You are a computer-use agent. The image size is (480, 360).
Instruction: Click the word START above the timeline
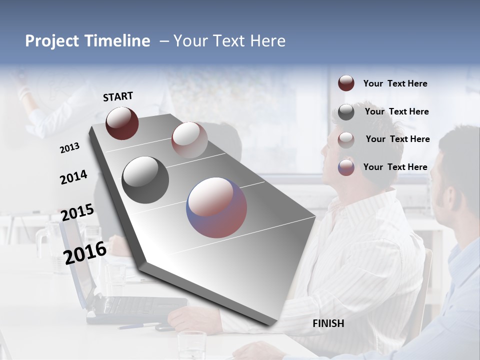click(118, 96)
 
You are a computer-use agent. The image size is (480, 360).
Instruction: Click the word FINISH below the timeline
click(328, 323)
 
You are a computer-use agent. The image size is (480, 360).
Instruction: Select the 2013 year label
click(69, 148)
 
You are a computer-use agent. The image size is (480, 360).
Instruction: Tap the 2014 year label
click(73, 177)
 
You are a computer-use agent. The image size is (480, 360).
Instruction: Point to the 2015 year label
click(77, 212)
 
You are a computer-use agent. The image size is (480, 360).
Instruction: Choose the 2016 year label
click(85, 252)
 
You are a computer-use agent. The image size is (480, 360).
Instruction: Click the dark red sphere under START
click(122, 123)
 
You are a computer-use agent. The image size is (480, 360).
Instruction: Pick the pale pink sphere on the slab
click(189, 139)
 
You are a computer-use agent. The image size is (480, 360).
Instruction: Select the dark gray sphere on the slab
click(145, 179)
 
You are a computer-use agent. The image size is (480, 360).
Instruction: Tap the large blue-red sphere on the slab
click(216, 207)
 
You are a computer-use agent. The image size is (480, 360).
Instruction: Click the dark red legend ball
click(346, 83)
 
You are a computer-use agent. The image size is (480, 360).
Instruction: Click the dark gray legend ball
click(346, 112)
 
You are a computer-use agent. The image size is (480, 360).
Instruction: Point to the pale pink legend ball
click(346, 140)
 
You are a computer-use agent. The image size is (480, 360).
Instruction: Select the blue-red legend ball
click(346, 167)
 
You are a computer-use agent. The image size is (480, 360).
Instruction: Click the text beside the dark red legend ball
click(395, 83)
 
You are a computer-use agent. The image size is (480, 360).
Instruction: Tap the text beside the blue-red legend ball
click(395, 167)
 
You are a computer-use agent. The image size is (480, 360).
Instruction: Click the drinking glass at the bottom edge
click(192, 344)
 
